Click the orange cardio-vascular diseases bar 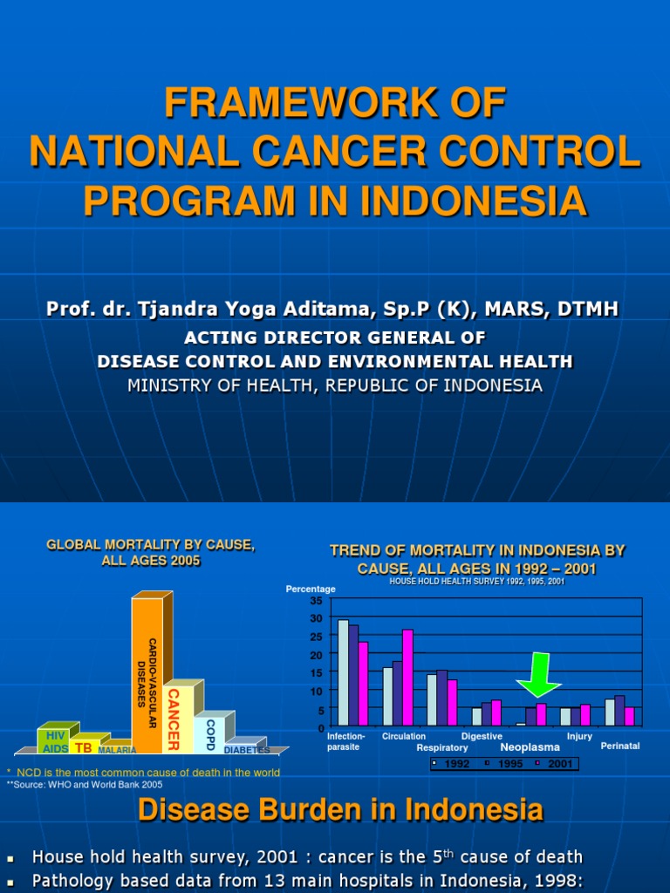147,676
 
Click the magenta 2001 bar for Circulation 407,678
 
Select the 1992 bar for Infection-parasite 343,672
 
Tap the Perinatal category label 620,746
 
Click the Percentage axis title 311,590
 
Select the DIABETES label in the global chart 247,750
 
